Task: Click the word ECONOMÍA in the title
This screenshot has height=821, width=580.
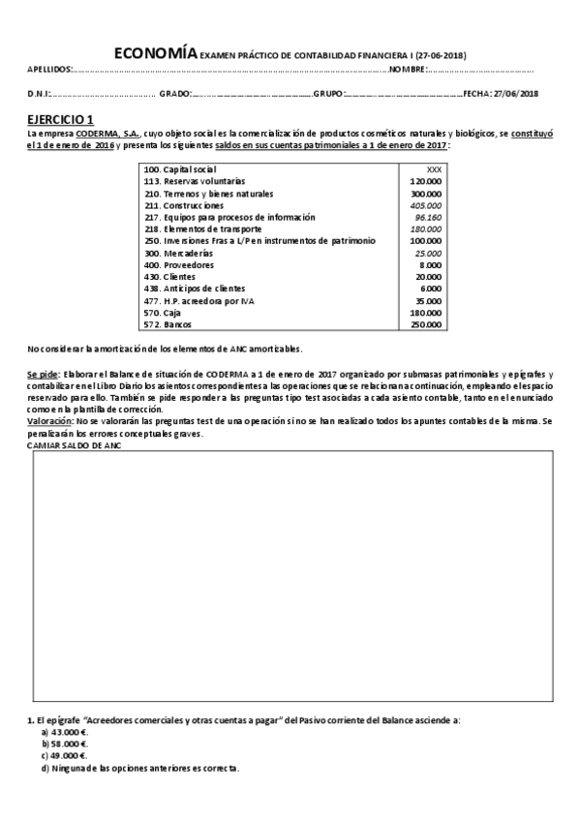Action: pyautogui.click(x=156, y=54)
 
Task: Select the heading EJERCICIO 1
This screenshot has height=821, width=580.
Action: pyautogui.click(x=60, y=117)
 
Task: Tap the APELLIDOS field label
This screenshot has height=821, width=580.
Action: pyautogui.click(x=48, y=70)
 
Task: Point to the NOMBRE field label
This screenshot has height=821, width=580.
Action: pyautogui.click(x=408, y=70)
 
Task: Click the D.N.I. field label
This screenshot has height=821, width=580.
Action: pyautogui.click(x=40, y=93)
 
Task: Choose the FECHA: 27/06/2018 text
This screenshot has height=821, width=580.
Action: pyautogui.click(x=501, y=93)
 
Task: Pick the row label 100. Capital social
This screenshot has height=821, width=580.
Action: pyautogui.click(x=179, y=169)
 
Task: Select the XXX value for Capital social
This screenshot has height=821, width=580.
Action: pyautogui.click(x=434, y=169)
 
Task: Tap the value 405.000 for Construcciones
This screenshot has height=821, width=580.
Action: pyautogui.click(x=426, y=205)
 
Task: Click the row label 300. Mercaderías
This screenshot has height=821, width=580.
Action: pyautogui.click(x=177, y=253)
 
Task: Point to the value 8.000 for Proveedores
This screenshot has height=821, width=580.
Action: pyautogui.click(x=431, y=264)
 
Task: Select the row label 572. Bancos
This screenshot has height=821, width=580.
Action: pyautogui.click(x=166, y=324)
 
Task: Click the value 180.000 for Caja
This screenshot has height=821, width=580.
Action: pyautogui.click(x=426, y=312)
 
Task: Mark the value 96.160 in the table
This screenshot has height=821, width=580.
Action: pyautogui.click(x=428, y=217)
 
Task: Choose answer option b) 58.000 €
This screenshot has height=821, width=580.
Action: pyautogui.click(x=64, y=743)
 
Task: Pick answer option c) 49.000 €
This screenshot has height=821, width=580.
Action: pyautogui.click(x=64, y=755)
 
